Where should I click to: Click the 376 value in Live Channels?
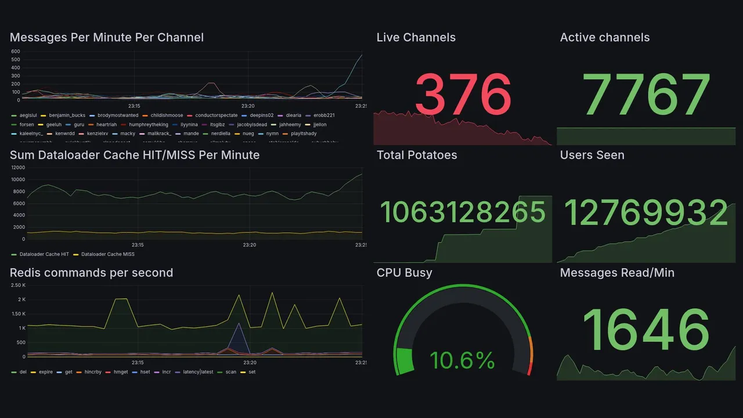point(463,95)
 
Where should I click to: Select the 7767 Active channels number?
point(647,95)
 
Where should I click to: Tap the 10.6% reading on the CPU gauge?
point(462,361)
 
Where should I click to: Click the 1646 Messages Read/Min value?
point(645,330)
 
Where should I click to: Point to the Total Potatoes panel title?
point(417,155)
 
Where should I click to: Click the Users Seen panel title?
point(592,155)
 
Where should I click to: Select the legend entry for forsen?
point(27,124)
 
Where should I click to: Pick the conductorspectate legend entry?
point(216,116)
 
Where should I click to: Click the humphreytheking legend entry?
point(149,124)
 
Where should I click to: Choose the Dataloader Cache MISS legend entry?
point(107,254)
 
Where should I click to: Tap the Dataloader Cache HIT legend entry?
point(44,254)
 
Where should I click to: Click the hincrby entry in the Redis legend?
point(93,372)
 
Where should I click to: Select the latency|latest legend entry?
point(198,372)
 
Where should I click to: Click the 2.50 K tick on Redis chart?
point(18,285)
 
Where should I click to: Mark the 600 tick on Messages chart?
point(16,51)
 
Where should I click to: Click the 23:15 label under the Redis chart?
point(137,362)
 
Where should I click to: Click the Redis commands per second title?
point(91,273)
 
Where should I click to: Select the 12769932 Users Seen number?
point(646,212)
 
